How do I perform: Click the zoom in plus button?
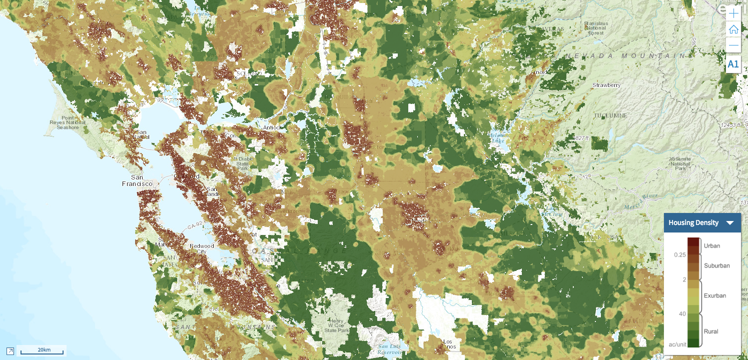point(733,13)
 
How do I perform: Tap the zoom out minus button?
point(733,45)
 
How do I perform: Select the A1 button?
point(733,64)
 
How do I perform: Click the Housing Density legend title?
point(693,223)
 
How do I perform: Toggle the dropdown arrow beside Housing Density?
point(730,223)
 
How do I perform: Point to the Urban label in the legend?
point(712,246)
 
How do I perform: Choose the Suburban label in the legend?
point(717,265)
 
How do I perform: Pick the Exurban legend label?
point(715,295)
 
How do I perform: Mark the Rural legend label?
point(711,331)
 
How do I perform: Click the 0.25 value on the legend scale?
point(679,255)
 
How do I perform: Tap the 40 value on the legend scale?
point(682,314)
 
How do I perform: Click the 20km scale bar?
point(42,350)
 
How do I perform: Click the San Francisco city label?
point(137,180)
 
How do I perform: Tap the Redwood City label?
point(202,248)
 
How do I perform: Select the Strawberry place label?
point(606,85)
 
